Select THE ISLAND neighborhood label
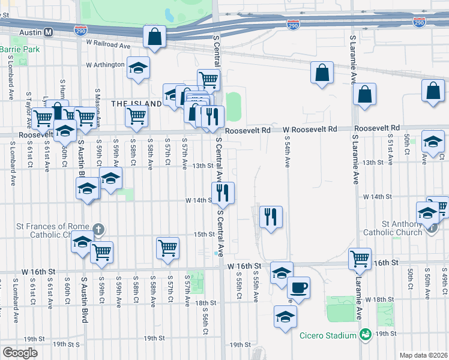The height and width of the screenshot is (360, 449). click(136, 103)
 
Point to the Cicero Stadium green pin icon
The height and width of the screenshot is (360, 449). click(364, 334)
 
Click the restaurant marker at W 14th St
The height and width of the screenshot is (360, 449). click(223, 193)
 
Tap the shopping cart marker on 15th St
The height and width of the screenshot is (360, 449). click(167, 247)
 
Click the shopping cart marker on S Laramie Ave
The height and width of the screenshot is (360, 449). click(360, 259)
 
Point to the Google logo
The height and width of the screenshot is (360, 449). click(20, 352)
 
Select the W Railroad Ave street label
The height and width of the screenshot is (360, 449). click(108, 45)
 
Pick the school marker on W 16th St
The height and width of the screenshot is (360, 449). click(282, 272)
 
